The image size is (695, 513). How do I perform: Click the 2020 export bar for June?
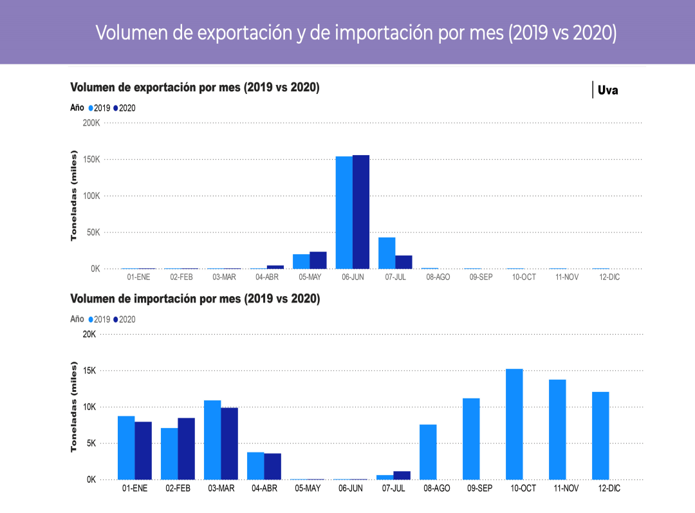pyautogui.click(x=361, y=212)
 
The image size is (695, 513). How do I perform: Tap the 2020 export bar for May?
pyautogui.click(x=318, y=260)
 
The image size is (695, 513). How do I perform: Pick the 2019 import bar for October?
pyautogui.click(x=514, y=424)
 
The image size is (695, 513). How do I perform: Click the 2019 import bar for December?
pyautogui.click(x=600, y=436)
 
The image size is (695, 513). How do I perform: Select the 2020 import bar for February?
pyautogui.click(x=186, y=449)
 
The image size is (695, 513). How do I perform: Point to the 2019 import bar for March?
pyautogui.click(x=212, y=440)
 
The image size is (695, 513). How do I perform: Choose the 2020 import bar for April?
pyautogui.click(x=272, y=467)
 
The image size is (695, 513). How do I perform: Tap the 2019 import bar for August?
pyautogui.click(x=428, y=452)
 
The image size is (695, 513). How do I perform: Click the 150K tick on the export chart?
pyautogui.click(x=91, y=160)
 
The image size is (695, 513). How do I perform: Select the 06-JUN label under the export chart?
pyautogui.click(x=352, y=277)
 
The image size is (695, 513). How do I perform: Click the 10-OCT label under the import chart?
pyautogui.click(x=523, y=489)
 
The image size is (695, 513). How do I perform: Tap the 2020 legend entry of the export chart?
pyautogui.click(x=125, y=108)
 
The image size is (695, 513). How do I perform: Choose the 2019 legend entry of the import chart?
pyautogui.click(x=100, y=319)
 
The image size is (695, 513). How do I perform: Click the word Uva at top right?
pyautogui.click(x=607, y=90)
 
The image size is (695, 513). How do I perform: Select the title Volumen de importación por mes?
pyautogui.click(x=194, y=299)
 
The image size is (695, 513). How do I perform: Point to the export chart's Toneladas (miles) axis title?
pyautogui.click(x=74, y=195)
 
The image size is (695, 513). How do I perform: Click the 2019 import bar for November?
pyautogui.click(x=557, y=429)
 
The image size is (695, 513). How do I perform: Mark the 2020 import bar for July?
pyautogui.click(x=402, y=476)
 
